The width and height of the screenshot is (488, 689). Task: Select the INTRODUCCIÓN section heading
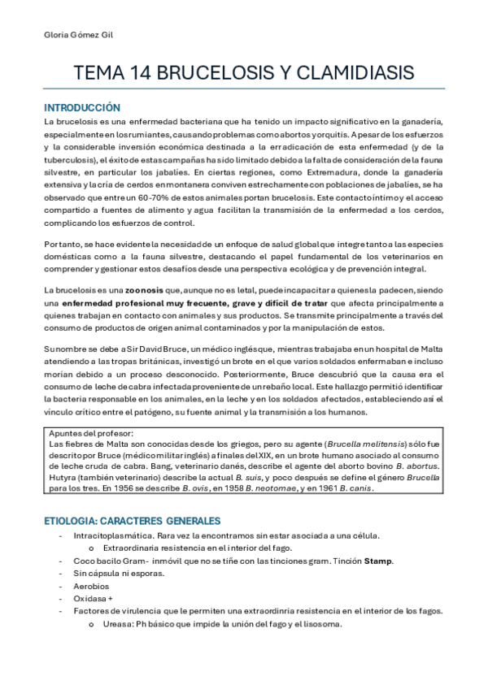click(x=81, y=107)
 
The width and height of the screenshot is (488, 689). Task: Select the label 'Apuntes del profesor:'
click(x=86, y=434)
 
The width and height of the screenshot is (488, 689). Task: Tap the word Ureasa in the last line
click(x=116, y=625)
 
